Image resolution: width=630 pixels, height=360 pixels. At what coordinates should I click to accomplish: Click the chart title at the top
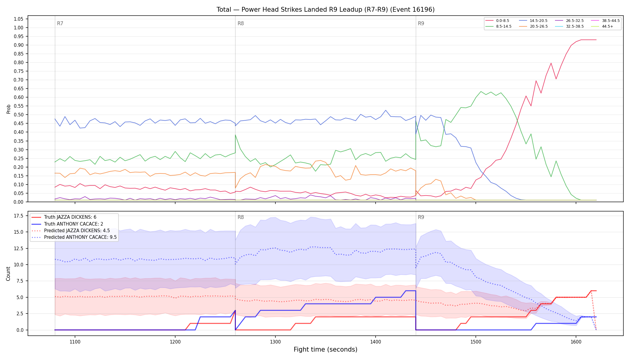click(x=325, y=10)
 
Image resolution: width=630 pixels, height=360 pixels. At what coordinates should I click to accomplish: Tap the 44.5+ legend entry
click(x=602, y=26)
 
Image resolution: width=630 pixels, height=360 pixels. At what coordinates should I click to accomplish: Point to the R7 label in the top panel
click(x=60, y=23)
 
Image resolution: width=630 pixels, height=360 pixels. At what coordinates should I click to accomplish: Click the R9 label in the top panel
click(x=421, y=23)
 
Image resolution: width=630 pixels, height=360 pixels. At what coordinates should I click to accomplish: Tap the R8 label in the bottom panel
click(x=241, y=217)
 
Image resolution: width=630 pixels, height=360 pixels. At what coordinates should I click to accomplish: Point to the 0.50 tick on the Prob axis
click(x=19, y=115)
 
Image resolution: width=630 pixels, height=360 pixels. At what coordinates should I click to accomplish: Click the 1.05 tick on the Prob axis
click(x=19, y=19)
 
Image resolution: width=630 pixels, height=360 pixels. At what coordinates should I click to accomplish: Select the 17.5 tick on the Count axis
click(x=19, y=216)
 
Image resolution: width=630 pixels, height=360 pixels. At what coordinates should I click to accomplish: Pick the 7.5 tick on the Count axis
click(x=20, y=281)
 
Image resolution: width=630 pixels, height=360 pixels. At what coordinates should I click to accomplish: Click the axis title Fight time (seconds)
click(x=325, y=349)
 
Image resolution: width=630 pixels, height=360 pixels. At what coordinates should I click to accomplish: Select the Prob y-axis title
click(x=8, y=109)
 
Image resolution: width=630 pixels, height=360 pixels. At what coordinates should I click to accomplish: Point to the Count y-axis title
click(x=8, y=274)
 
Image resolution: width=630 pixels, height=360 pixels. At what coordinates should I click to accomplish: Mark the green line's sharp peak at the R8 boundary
click(x=235, y=135)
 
